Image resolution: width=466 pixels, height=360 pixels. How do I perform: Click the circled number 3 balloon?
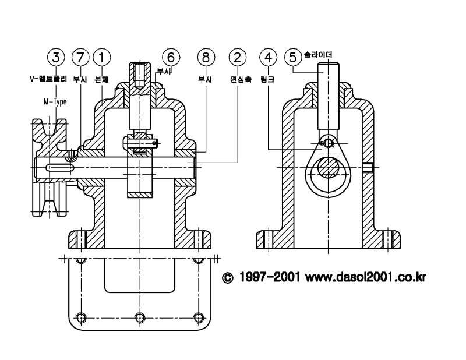[x=56, y=57]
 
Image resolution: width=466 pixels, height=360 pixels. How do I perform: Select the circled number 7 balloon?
[x=80, y=57]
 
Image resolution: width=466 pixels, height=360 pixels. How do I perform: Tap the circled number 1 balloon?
[x=102, y=57]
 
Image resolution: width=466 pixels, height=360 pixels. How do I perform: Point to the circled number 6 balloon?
[x=171, y=57]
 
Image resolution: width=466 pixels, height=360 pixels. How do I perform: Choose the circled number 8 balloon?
[x=206, y=57]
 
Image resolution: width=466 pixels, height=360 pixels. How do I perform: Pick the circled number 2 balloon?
[x=238, y=57]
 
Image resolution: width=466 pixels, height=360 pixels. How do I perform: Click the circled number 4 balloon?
[x=269, y=57]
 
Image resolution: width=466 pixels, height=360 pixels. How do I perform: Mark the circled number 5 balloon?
[x=293, y=57]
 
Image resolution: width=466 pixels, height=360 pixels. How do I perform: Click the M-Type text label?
[x=55, y=102]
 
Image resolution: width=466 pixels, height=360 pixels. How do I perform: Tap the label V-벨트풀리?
[x=48, y=79]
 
